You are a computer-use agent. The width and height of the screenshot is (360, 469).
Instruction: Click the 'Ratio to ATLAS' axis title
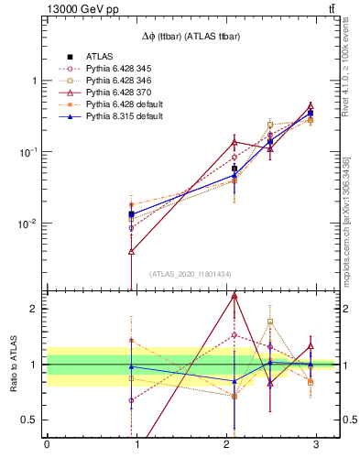tap(12, 365)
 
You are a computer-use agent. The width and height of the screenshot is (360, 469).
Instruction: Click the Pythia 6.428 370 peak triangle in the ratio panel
tap(235, 295)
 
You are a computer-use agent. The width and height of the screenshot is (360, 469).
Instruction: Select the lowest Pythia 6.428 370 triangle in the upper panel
tap(132, 251)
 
